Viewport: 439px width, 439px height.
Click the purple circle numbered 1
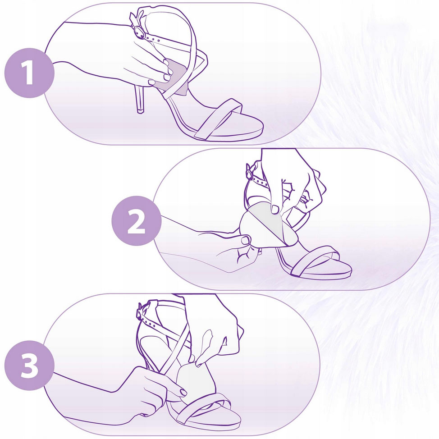point(29,73)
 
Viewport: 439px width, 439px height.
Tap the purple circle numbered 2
point(137,220)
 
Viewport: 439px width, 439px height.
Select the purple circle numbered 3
point(29,366)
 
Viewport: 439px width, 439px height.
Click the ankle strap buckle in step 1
point(139,32)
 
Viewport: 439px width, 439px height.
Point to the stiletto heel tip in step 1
point(141,110)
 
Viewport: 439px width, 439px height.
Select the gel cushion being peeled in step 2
point(263,224)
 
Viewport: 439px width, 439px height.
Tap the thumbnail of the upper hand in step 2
point(275,209)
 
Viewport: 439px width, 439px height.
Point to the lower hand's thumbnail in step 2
point(246,240)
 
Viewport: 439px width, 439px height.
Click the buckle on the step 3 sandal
point(140,313)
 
